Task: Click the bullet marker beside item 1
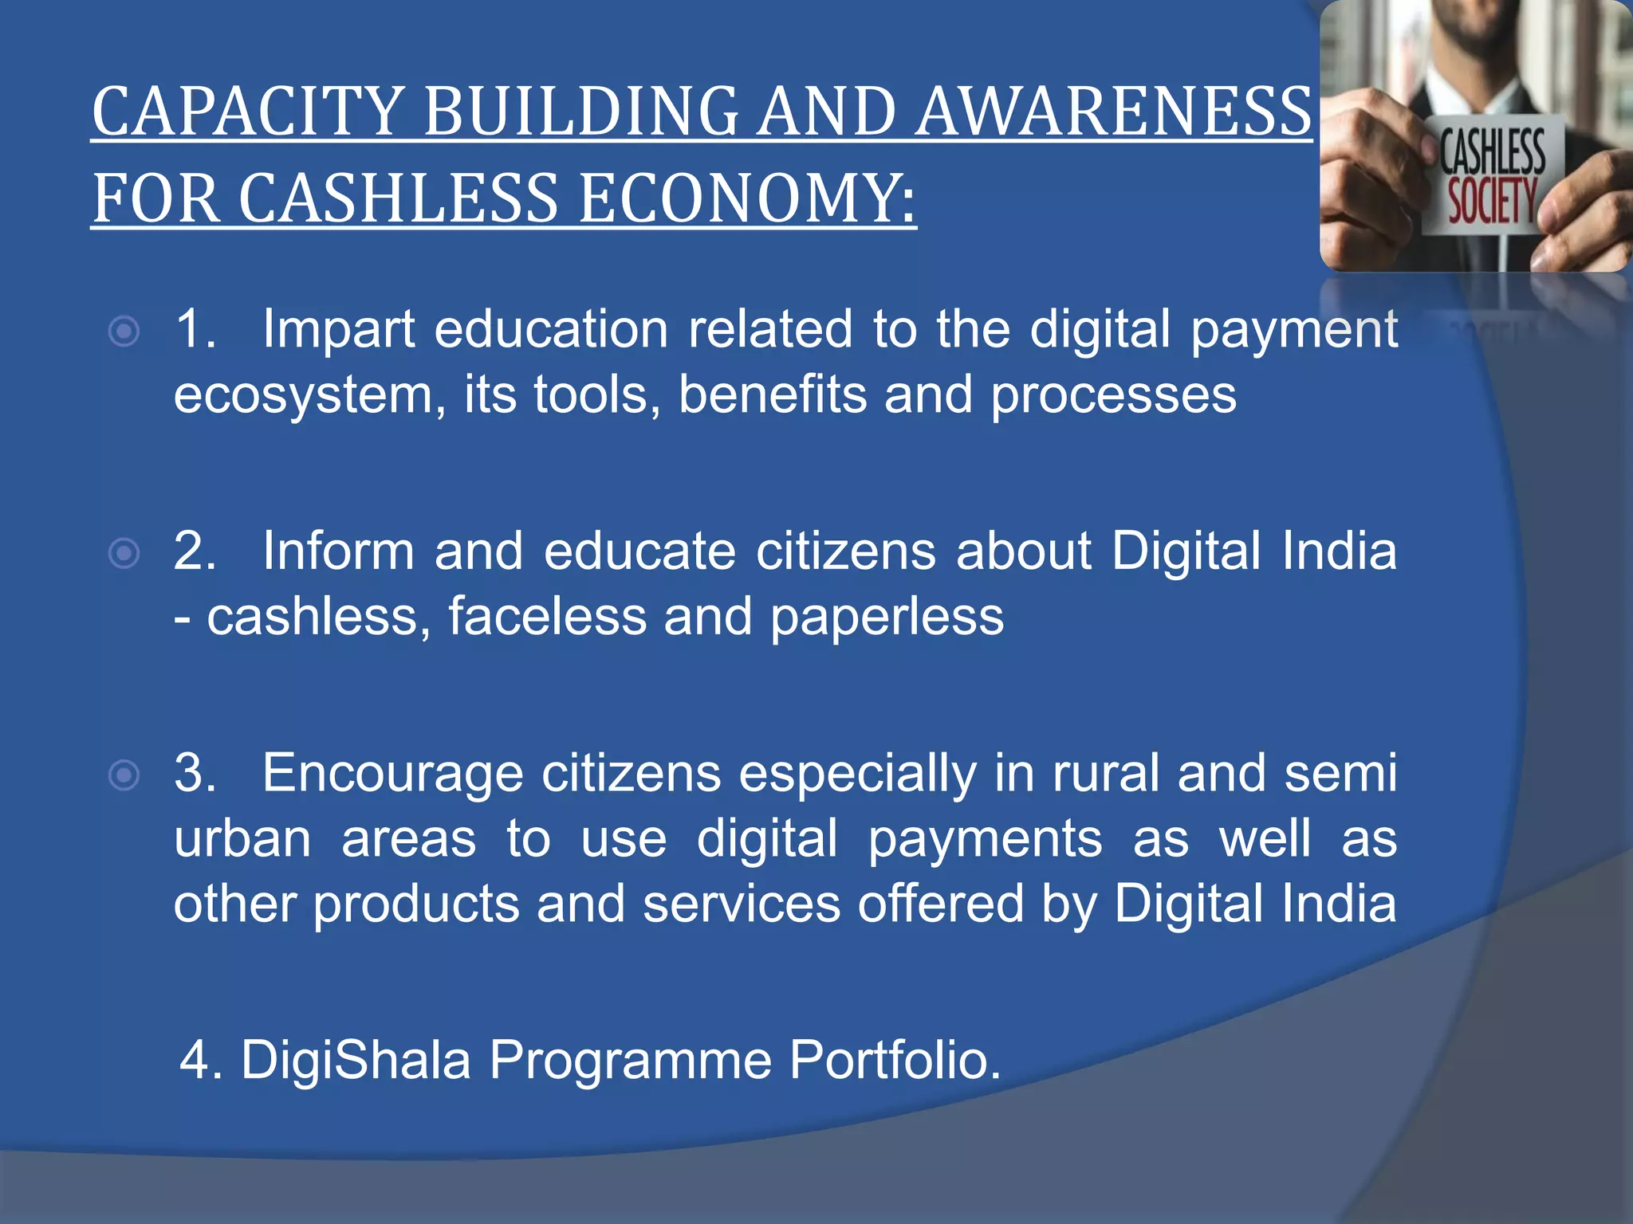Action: pyautogui.click(x=124, y=331)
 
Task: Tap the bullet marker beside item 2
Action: pyautogui.click(x=124, y=553)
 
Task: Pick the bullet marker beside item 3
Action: pyautogui.click(x=124, y=775)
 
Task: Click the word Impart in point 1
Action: pyautogui.click(x=338, y=330)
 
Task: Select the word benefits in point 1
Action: pyautogui.click(x=772, y=394)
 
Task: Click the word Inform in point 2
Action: pyautogui.click(x=338, y=551)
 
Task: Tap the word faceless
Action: pyautogui.click(x=547, y=617)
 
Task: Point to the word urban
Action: pyautogui.click(x=242, y=839)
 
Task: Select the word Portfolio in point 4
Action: pyautogui.click(x=895, y=1060)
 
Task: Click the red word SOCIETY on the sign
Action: pyautogui.click(x=1491, y=201)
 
